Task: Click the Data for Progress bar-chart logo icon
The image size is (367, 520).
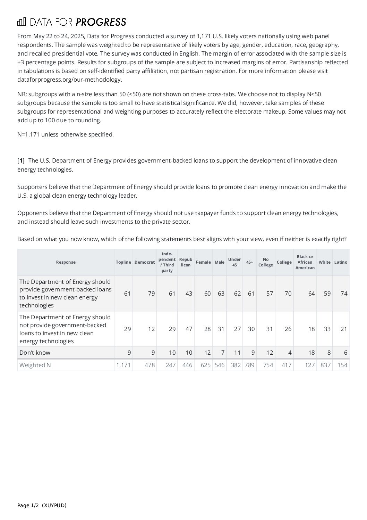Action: tap(22, 22)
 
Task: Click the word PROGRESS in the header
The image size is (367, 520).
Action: tap(101, 22)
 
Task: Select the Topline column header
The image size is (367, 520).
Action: tap(123, 262)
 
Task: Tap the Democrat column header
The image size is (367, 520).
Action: tap(144, 262)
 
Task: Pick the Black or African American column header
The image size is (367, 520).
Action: tap(305, 262)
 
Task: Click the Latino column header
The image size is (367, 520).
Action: tap(341, 262)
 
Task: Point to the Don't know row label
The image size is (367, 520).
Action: tap(35, 353)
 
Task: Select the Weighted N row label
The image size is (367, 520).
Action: tap(35, 365)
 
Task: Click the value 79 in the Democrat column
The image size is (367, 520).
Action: tap(151, 294)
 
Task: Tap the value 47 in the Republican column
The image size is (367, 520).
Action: tap(189, 329)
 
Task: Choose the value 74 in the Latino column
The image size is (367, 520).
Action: tap(344, 294)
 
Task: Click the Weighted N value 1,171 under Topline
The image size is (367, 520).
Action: tap(124, 365)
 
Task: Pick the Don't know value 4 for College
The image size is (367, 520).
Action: tap(290, 353)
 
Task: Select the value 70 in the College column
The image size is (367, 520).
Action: tap(288, 294)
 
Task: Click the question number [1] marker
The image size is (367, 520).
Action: tap(21, 160)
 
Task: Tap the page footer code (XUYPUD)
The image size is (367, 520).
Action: tap(54, 505)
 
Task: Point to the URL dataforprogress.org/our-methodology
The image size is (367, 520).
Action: tap(69, 80)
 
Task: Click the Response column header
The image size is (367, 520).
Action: tap(66, 262)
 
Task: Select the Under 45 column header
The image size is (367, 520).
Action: tap(234, 262)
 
